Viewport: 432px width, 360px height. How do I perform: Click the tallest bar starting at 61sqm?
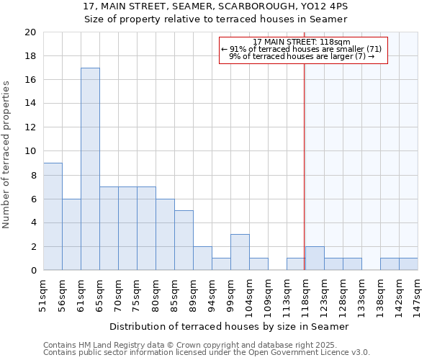click(90, 169)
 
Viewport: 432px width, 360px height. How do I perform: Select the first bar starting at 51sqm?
click(53, 217)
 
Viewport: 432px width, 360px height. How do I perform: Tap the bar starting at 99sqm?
click(240, 253)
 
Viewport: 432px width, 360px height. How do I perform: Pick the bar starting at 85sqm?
click(184, 240)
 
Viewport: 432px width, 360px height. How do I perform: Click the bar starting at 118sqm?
click(315, 258)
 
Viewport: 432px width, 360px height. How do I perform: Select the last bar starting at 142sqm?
click(408, 264)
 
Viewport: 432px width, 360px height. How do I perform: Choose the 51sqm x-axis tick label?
click(43, 292)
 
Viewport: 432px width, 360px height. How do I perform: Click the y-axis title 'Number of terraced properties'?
click(7, 154)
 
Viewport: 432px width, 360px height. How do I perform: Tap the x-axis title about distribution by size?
click(230, 326)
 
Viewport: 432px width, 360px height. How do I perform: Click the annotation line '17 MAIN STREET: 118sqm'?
click(302, 42)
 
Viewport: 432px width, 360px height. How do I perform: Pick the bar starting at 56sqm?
click(71, 235)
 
